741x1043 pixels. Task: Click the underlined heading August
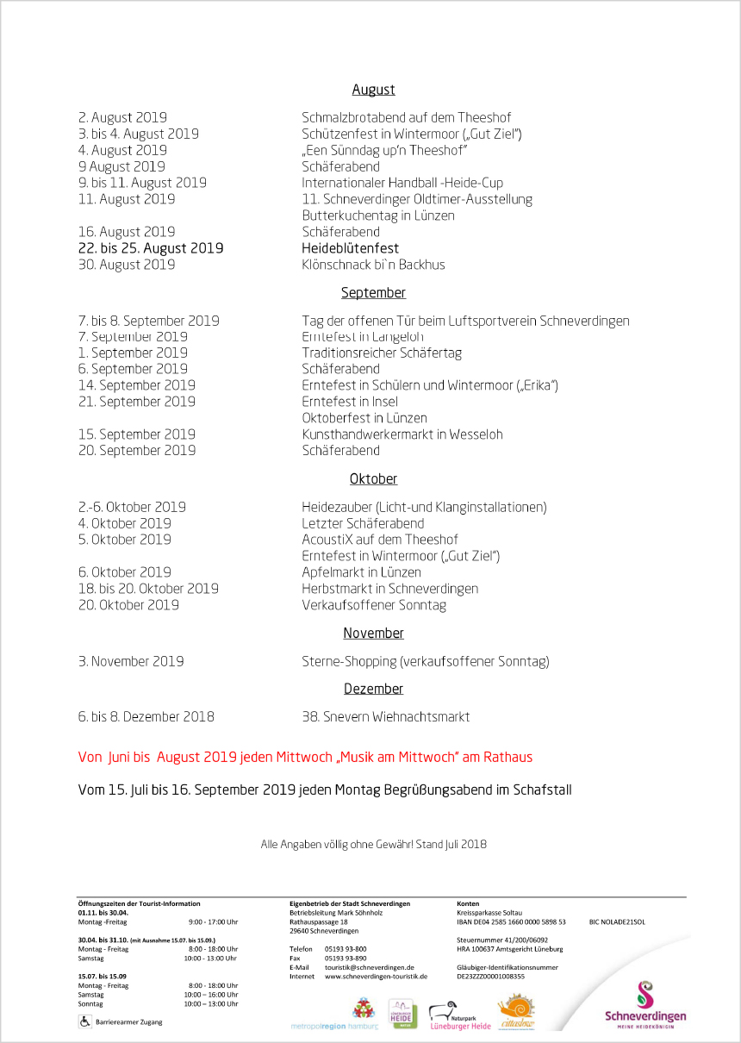(x=373, y=90)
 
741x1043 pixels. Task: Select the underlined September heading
(x=373, y=293)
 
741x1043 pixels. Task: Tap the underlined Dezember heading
(x=373, y=689)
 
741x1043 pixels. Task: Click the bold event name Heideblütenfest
(x=350, y=248)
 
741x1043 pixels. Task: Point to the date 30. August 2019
(x=127, y=265)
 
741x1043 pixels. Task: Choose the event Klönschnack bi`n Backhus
(x=373, y=265)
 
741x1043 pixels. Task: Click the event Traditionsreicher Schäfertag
(x=382, y=353)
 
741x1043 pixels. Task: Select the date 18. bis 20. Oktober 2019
(x=148, y=589)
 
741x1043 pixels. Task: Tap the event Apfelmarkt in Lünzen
(x=361, y=572)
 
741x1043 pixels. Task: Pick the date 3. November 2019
(x=131, y=662)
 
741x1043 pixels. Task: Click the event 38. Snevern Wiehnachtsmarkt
(x=385, y=716)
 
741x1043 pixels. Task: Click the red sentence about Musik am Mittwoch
(x=305, y=758)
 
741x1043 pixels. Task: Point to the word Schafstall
(x=542, y=790)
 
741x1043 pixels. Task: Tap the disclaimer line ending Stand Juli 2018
(x=373, y=844)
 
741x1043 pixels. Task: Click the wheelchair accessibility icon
(x=85, y=1021)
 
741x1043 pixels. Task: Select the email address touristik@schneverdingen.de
(x=370, y=967)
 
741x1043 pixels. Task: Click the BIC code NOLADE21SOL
(x=617, y=921)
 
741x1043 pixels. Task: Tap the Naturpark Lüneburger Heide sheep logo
(x=460, y=1015)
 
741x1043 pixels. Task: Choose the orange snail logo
(x=517, y=1012)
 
